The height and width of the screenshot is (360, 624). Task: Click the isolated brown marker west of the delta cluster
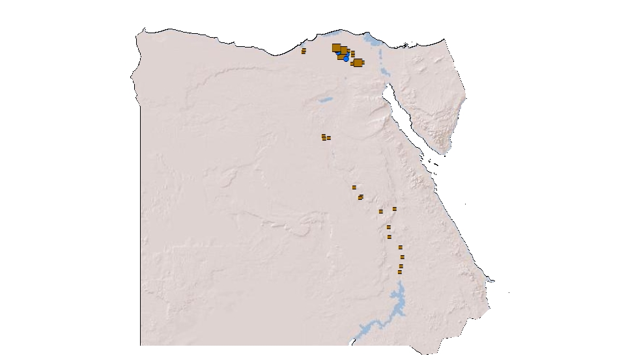coord(304,51)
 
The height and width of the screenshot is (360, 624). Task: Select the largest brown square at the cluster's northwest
coord(336,48)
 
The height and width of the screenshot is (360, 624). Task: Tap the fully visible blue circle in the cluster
coord(346,59)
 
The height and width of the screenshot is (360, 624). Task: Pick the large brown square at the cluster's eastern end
coord(358,62)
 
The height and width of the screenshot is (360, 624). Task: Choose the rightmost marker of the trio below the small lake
coord(329,138)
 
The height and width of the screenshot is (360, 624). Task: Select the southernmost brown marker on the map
coord(400,272)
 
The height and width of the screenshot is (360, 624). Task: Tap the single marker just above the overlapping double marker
coord(354,187)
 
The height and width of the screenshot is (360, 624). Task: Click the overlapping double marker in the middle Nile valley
coord(360,197)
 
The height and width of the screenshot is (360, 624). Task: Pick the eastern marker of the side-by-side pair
coord(395,209)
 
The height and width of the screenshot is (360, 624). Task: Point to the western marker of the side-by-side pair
coord(381,212)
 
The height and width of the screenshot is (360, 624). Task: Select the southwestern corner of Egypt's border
coord(141,344)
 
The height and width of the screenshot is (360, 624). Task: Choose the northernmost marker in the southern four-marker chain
coord(401,247)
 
